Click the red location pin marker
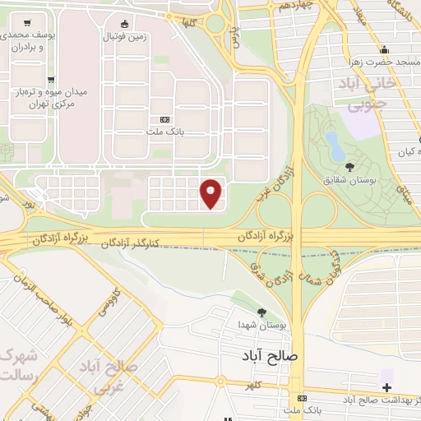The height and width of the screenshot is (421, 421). [212, 192]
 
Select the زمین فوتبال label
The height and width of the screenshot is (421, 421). [124, 38]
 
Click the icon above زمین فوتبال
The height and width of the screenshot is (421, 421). [124, 24]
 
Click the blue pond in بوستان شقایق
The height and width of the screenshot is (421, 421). [335, 146]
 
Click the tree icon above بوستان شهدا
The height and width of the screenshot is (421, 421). [261, 312]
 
